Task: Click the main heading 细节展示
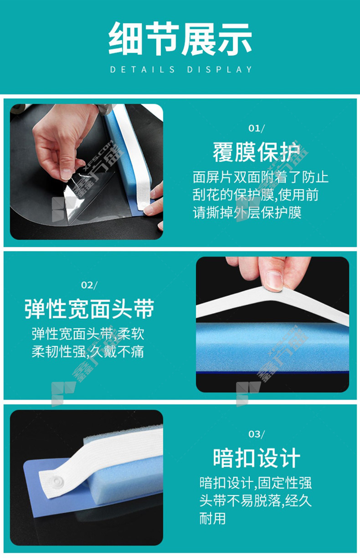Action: (x=180, y=39)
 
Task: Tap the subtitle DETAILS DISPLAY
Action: (x=181, y=69)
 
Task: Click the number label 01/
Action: (x=257, y=128)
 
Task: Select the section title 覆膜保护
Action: (x=257, y=152)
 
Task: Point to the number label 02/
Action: (x=89, y=285)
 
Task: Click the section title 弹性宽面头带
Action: (x=89, y=309)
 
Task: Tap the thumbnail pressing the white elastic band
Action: (x=273, y=324)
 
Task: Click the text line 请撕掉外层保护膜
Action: (x=247, y=213)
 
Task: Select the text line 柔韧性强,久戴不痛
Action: (x=88, y=352)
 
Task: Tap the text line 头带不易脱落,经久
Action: (x=256, y=500)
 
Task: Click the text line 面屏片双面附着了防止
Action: (x=260, y=177)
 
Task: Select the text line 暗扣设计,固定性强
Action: (x=256, y=483)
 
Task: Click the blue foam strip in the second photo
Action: (x=273, y=347)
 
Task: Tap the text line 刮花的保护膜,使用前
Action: (x=256, y=195)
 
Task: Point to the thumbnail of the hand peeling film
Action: (x=87, y=171)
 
